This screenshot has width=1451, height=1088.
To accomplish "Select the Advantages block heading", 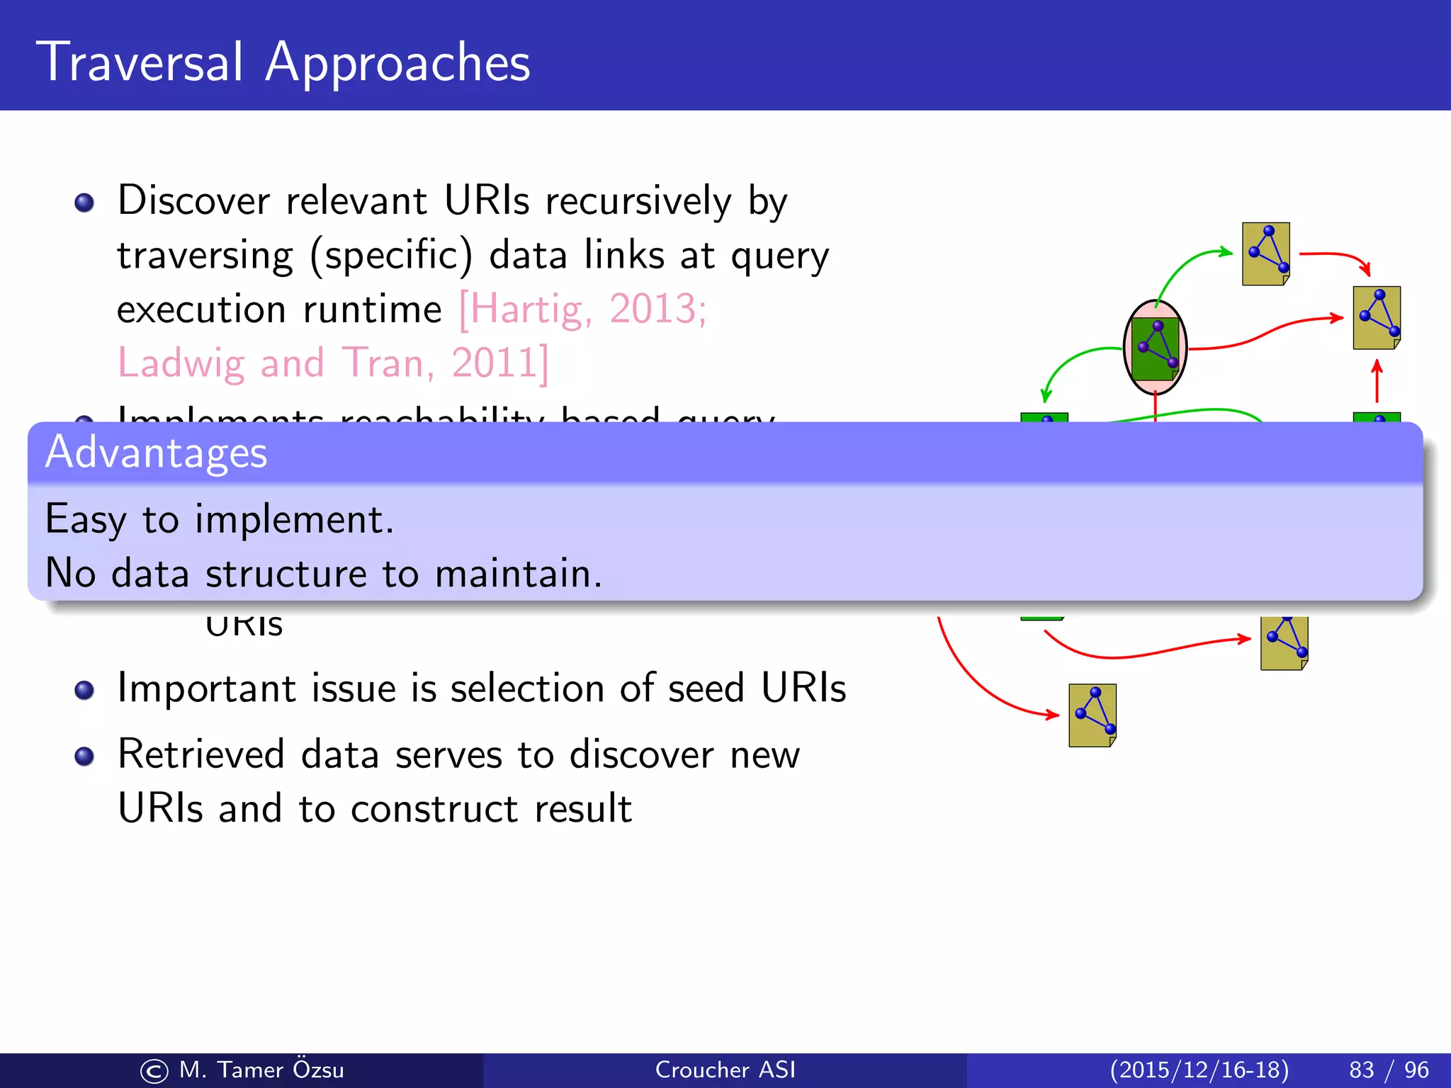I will [x=156, y=453].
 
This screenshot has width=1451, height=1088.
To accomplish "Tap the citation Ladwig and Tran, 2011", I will [x=332, y=363].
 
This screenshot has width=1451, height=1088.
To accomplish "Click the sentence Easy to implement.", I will [x=219, y=519].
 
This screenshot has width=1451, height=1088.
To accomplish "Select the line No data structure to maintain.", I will [x=323, y=573].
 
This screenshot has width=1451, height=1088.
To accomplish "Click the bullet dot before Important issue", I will [x=84, y=690].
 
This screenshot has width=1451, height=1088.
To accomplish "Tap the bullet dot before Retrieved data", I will [x=84, y=756].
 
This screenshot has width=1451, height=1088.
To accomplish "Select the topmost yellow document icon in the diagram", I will [x=1265, y=254].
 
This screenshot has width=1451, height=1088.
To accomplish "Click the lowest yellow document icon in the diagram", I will [x=1092, y=715].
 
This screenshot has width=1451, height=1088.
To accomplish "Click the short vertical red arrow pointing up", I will [x=1377, y=381].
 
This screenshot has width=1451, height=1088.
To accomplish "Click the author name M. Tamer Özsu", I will [x=261, y=1070].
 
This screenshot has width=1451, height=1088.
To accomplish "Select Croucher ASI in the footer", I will [x=725, y=1070].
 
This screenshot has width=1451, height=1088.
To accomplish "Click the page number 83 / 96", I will [x=1388, y=1070].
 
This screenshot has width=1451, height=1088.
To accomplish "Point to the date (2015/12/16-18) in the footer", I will [x=1199, y=1070].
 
